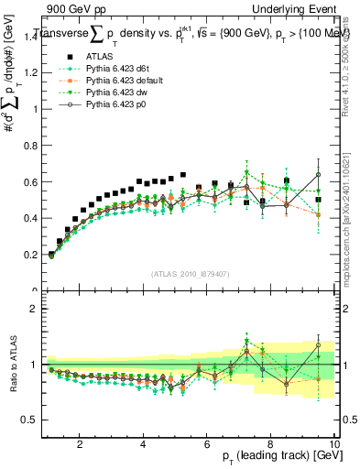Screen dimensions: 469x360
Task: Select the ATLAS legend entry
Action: pyautogui.click(x=86, y=57)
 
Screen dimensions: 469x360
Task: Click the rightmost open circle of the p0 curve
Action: pyautogui.click(x=319, y=174)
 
